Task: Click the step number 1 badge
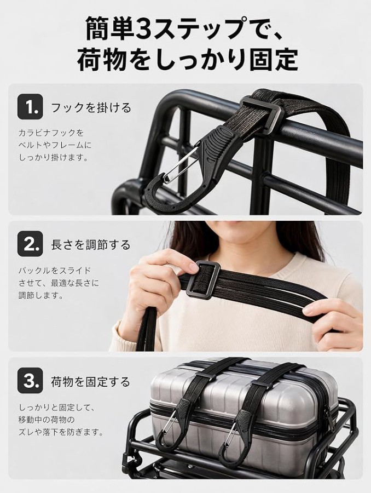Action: (30, 107)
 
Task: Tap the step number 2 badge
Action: (30, 244)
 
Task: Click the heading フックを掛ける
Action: (91, 107)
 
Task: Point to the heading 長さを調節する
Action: (91, 244)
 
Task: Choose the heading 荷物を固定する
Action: (90, 382)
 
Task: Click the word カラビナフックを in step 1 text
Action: (51, 133)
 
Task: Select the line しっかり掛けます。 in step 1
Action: (54, 158)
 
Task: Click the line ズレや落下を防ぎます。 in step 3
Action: (61, 432)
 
